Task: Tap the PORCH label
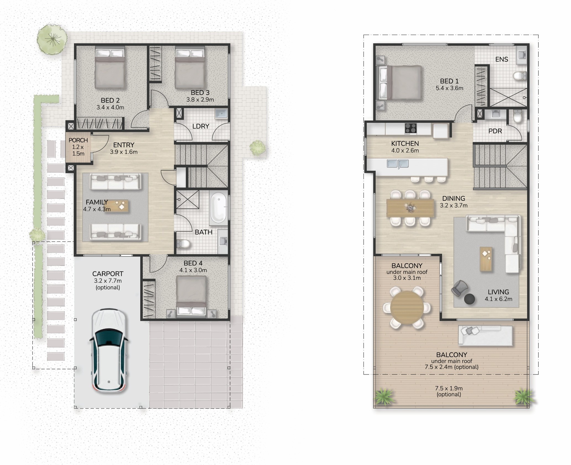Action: (78, 140)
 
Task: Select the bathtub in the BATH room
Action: (218, 208)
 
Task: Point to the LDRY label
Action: (201, 126)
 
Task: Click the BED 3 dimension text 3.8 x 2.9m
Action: (200, 100)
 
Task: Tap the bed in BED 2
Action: (110, 67)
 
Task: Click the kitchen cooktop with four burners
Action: (411, 128)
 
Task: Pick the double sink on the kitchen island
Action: (398, 164)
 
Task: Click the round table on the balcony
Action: (407, 307)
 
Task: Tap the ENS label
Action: (502, 59)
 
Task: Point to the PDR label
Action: (495, 131)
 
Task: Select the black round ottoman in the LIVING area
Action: (469, 299)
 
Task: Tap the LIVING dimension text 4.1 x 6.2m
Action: (498, 299)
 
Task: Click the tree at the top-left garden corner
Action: (52, 39)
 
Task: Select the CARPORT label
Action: (108, 274)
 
